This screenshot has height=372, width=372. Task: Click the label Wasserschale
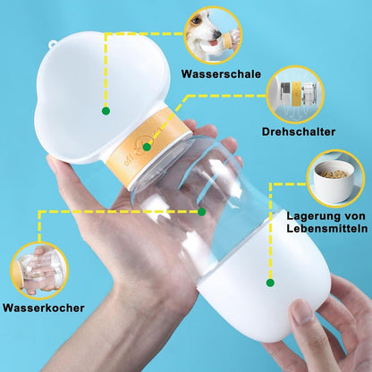click(x=221, y=74)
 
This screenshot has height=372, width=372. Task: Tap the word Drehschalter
click(x=299, y=131)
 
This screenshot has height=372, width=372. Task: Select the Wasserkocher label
click(x=44, y=308)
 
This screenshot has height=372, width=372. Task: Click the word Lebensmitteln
click(x=327, y=229)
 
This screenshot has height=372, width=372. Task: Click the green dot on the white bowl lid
click(x=106, y=111)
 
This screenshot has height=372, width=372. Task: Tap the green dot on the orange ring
click(x=147, y=147)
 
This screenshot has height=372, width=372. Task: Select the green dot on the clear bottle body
click(x=202, y=212)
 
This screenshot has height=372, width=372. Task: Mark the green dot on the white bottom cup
click(x=270, y=283)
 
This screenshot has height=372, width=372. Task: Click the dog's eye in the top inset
click(x=196, y=21)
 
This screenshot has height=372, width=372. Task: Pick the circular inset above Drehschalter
click(x=295, y=95)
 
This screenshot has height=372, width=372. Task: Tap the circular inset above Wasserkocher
click(x=39, y=271)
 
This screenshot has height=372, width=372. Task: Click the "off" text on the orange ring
click(x=130, y=160)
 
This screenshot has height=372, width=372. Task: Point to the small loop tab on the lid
click(x=53, y=44)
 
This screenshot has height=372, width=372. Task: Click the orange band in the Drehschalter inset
click(x=296, y=94)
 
